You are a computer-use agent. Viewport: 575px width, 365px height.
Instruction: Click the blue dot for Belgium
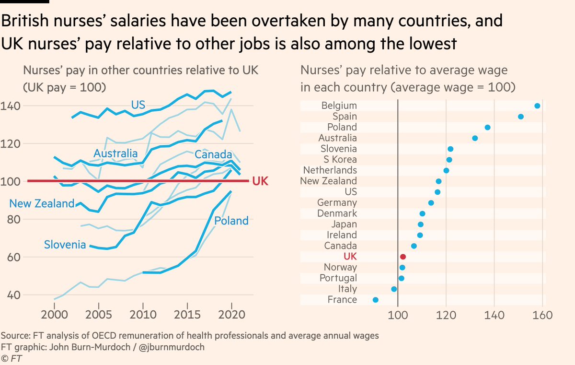pos(537,106)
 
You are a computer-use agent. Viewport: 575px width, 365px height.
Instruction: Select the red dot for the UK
pos(403,257)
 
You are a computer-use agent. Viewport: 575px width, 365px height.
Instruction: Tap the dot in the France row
pos(375,300)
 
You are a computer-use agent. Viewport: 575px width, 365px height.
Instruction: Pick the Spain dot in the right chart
pos(521,117)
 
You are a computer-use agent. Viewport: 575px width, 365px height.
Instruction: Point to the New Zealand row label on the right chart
pos(328,181)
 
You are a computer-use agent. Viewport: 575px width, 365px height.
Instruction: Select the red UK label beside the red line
pos(260,181)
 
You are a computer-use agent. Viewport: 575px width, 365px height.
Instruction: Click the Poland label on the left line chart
pos(231,221)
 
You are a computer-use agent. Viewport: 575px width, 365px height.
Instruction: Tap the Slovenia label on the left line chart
pos(65,245)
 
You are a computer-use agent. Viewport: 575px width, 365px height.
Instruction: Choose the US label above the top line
pos(138,105)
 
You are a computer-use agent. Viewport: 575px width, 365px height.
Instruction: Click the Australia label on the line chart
pos(115,154)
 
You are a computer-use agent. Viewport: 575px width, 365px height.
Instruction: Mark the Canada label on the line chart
pos(213,155)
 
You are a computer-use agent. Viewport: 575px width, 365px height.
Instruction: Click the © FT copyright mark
pos(11,358)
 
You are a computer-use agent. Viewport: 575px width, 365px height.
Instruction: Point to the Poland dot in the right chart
pos(487,127)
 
